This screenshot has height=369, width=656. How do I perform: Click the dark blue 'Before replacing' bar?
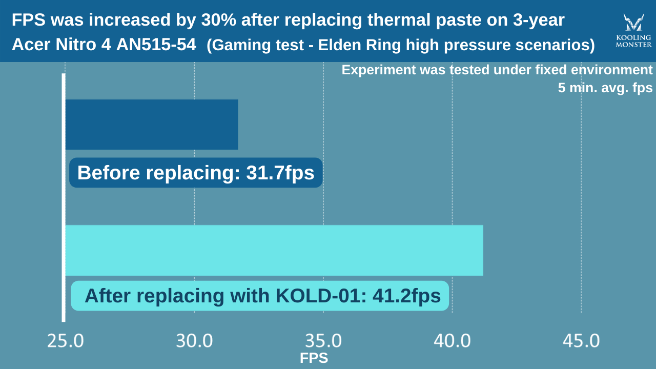tap(152, 125)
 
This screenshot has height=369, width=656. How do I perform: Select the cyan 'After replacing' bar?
tap(274, 250)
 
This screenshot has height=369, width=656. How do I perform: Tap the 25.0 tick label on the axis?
tap(66, 341)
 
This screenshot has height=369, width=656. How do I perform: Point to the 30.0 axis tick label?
tap(194, 341)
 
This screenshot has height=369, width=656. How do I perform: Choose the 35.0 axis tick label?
tap(323, 341)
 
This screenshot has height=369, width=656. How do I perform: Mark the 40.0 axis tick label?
tap(452, 341)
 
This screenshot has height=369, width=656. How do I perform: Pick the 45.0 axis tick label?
tap(581, 341)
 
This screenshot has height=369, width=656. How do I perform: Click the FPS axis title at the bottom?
tap(314, 358)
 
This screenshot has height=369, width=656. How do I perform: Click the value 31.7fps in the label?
tap(280, 173)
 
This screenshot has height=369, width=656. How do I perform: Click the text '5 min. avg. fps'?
tap(605, 88)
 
